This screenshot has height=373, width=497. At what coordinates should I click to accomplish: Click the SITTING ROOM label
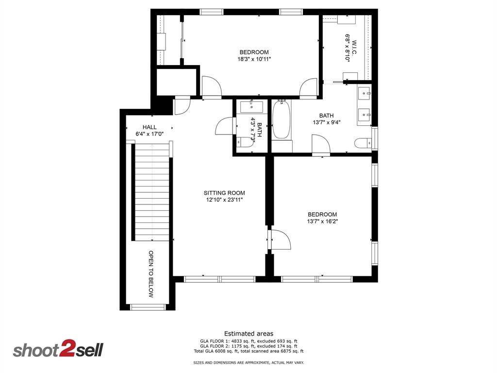pos(224,193)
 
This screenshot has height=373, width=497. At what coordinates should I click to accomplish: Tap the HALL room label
pos(149,127)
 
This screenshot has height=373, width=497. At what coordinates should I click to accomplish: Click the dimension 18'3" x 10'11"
pos(253,59)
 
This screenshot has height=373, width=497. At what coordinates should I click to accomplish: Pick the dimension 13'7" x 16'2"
pos(322,221)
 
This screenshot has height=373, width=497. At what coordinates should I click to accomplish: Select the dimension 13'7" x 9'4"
pos(327,122)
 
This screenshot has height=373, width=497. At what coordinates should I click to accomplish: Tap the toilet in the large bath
pos(362,143)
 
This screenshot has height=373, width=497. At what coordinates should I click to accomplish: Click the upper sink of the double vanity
pos(364,91)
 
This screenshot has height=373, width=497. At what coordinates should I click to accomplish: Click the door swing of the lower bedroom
pos(281,240)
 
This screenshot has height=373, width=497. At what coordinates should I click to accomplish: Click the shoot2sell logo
pos(58,350)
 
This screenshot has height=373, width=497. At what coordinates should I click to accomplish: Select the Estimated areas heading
pos(248,334)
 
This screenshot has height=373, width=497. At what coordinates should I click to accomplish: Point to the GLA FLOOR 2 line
pos(248,346)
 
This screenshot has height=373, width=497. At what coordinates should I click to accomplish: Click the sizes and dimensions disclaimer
pos(248,363)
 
